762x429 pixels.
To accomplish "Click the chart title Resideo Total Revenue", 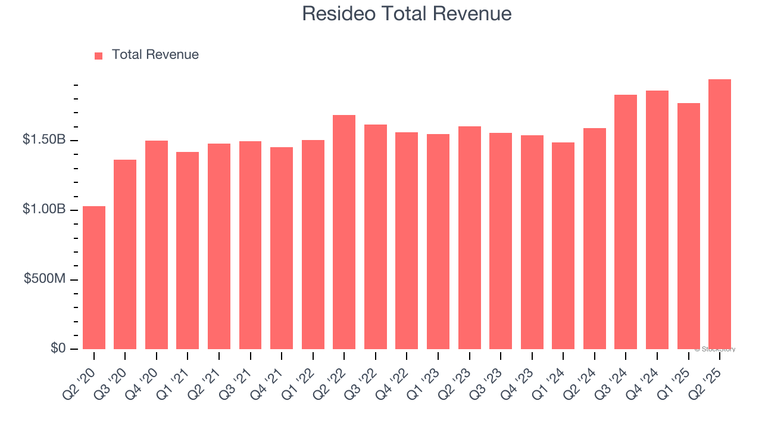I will coord(407,14).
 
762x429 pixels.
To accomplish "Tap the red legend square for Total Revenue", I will coord(99,55).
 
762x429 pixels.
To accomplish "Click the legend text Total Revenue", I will coord(155,55).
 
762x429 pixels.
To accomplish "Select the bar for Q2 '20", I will coord(94,278).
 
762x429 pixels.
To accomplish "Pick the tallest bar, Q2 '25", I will coord(720,214).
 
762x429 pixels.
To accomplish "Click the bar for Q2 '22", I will coord(344,232).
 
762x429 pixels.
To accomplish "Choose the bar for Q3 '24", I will coord(626,222).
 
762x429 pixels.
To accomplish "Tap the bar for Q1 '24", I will coord(563,245).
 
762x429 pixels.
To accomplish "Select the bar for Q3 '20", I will coord(125,254).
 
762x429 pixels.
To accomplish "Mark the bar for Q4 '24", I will coord(657,220).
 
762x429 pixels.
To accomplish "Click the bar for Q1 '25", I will coord(688,226).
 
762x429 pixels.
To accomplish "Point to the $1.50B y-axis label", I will coord(44,140).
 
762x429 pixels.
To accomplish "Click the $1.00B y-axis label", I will coord(44,210).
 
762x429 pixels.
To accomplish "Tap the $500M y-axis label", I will coord(45,279).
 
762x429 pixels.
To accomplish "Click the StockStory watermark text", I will coord(716,349).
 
